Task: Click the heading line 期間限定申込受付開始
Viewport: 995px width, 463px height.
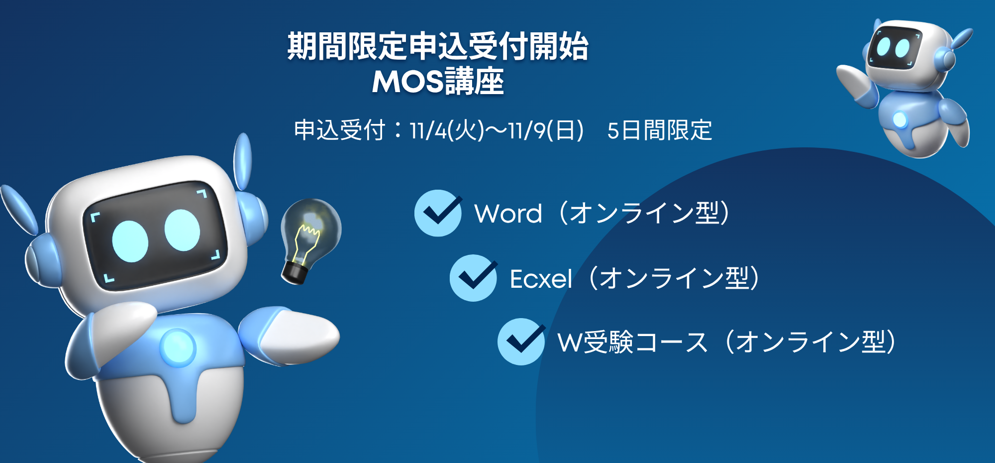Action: click(x=438, y=47)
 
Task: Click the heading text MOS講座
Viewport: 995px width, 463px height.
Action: click(x=438, y=82)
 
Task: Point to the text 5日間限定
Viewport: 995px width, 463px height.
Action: click(x=660, y=131)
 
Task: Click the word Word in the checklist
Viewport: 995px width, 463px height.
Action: click(x=508, y=214)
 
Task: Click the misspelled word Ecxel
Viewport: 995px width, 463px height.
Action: click(x=541, y=279)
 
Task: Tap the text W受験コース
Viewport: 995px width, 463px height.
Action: click(x=632, y=343)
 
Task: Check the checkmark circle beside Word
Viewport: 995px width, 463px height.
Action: click(x=438, y=213)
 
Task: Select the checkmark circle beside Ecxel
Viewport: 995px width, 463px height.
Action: click(x=473, y=278)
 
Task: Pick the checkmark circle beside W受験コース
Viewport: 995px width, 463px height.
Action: click(x=521, y=342)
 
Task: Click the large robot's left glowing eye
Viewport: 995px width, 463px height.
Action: click(x=130, y=241)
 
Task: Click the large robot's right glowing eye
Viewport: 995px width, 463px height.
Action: click(x=182, y=230)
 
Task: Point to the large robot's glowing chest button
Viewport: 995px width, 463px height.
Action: click(x=178, y=347)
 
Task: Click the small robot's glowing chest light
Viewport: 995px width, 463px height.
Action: click(x=899, y=119)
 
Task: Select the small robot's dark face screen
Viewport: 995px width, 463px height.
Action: click(x=894, y=47)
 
